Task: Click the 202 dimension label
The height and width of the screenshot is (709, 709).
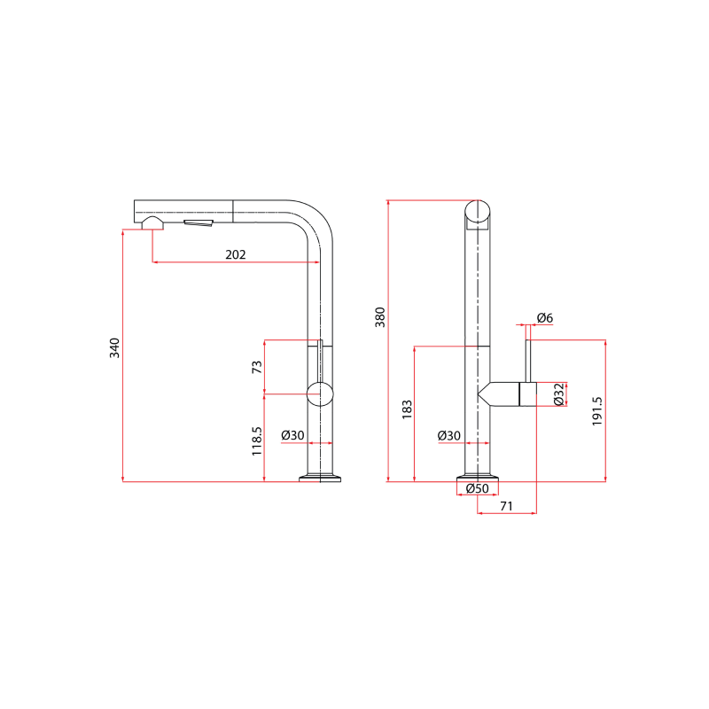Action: (235, 254)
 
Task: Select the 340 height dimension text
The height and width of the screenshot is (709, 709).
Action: (113, 349)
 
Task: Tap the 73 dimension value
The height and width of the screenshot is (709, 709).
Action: (257, 366)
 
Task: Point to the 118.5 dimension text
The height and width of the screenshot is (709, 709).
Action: (257, 440)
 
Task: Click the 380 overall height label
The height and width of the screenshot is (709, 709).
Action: (380, 317)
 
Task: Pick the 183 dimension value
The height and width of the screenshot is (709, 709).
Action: (407, 409)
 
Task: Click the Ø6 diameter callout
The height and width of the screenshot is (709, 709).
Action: (545, 318)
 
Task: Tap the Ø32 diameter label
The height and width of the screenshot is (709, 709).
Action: (559, 394)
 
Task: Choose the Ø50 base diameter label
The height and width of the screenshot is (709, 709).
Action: (478, 489)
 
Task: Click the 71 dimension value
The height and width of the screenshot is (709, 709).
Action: (507, 505)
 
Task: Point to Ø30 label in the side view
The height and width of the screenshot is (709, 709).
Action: (292, 436)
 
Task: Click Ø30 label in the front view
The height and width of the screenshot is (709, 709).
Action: (449, 436)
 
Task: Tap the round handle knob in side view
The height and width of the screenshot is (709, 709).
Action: (320, 393)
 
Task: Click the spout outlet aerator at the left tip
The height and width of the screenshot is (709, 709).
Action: (152, 223)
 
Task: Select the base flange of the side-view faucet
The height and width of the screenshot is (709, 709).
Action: (321, 479)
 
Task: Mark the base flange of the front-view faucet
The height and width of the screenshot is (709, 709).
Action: (478, 479)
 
